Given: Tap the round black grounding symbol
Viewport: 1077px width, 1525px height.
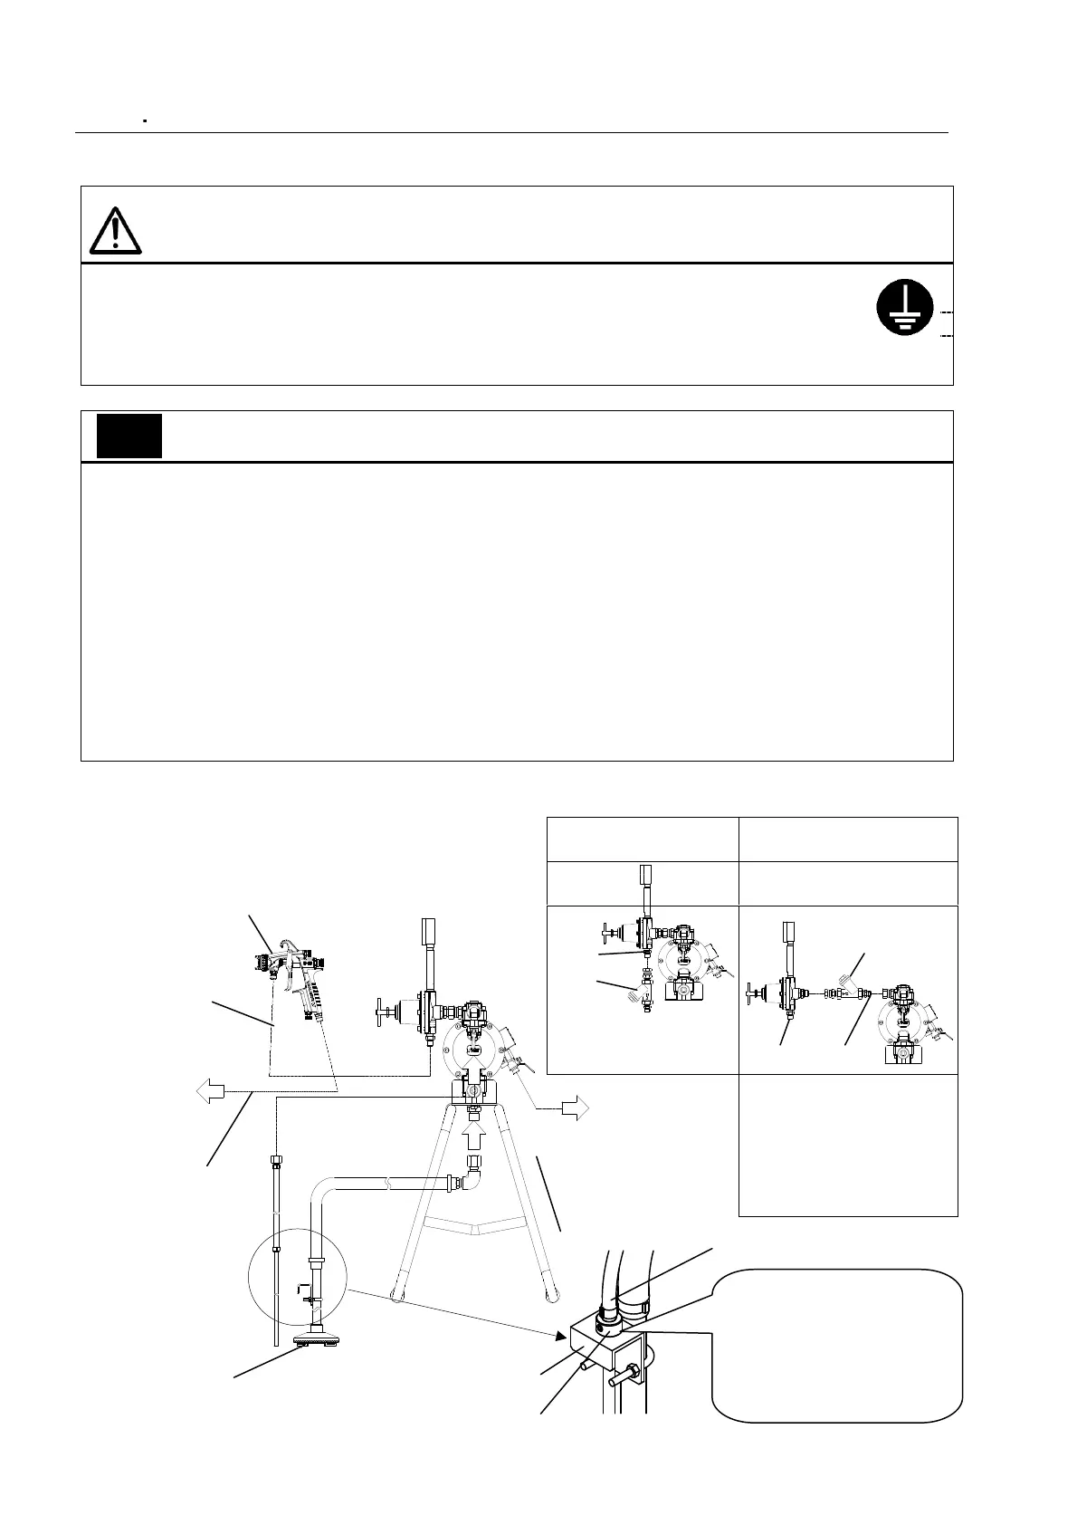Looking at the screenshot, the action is point(901,308).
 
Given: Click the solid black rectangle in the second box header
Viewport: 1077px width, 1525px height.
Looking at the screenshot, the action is point(129,436).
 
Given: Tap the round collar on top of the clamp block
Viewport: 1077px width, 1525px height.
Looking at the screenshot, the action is point(612,1321).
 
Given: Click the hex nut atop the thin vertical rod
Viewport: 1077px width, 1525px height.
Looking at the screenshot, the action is point(273,1161).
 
